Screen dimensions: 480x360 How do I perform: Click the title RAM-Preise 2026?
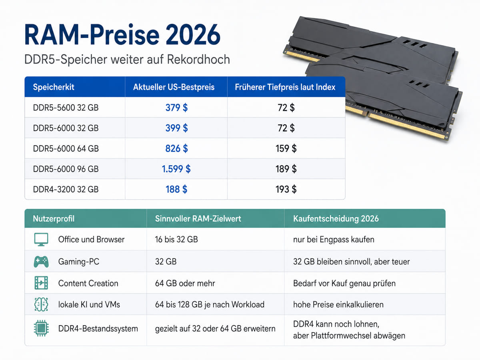pos(122,35)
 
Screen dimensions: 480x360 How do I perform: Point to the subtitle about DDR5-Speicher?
pos(127,60)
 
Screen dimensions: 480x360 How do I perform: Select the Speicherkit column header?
pos(54,87)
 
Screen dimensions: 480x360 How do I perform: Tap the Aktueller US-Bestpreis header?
pos(174,87)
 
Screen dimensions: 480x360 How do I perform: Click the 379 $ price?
pos(176,108)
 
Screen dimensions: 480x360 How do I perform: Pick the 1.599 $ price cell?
pos(176,169)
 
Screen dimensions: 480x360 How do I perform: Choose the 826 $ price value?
pos(176,148)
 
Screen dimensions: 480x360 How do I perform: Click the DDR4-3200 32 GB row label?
pos(66,189)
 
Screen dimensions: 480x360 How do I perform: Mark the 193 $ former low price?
pos(286,189)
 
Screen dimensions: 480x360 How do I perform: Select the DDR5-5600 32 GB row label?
pos(66,108)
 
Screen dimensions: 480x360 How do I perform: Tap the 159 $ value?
pos(286,148)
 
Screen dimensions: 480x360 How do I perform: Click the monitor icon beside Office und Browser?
pos(41,239)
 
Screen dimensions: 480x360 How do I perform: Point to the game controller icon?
pos(41,262)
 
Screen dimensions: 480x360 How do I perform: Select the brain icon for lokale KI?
pos(41,304)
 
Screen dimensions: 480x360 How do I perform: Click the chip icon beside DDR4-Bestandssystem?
pos(41,328)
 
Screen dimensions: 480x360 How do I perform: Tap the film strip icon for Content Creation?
pos(41,283)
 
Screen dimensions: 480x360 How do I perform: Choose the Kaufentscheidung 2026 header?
pos(336,218)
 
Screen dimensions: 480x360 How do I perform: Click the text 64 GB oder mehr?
pos(185,283)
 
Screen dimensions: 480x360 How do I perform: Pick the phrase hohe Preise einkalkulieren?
pos(338,304)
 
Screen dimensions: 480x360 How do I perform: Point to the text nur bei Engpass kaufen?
pos(334,240)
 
